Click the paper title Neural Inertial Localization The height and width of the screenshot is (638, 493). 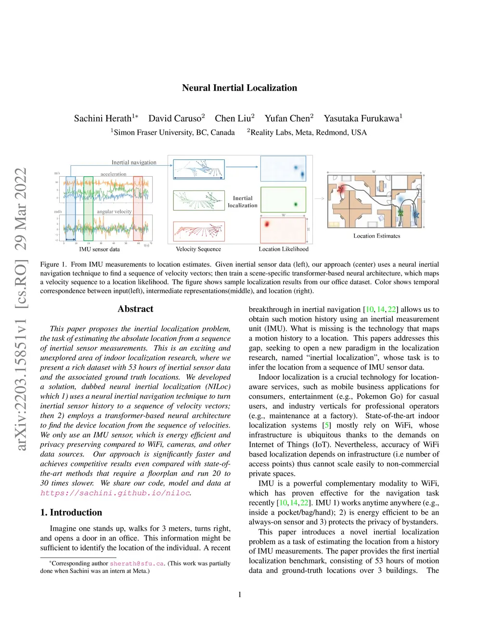(239, 88)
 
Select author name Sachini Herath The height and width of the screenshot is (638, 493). (103, 118)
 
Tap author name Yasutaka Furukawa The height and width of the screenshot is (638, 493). (361, 118)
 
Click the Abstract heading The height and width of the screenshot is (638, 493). (135, 309)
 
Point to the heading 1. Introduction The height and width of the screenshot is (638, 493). (71, 512)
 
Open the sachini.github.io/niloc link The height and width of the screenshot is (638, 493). (115, 493)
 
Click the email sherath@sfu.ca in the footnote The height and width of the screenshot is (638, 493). (137, 563)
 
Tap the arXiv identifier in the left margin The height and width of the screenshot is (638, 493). (21, 308)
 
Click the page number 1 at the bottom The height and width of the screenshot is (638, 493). (240, 595)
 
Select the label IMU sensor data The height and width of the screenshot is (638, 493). (99, 249)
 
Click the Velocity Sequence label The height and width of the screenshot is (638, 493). (198, 249)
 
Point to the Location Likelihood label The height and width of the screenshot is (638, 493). (284, 249)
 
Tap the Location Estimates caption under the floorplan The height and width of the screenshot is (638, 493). (376, 236)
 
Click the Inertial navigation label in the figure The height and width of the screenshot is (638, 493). (134, 162)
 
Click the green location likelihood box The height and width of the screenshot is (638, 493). (283, 199)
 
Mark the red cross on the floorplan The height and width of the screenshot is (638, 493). (341, 189)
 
